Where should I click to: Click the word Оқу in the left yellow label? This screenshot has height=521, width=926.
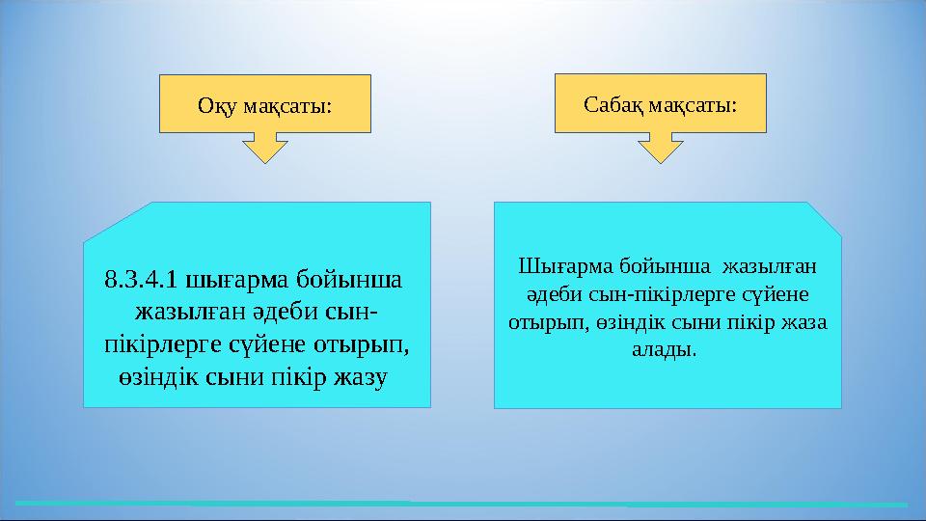tap(215, 104)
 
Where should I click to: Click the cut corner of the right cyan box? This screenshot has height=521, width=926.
tap(824, 218)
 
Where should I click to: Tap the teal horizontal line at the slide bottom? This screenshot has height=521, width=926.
tap(463, 504)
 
